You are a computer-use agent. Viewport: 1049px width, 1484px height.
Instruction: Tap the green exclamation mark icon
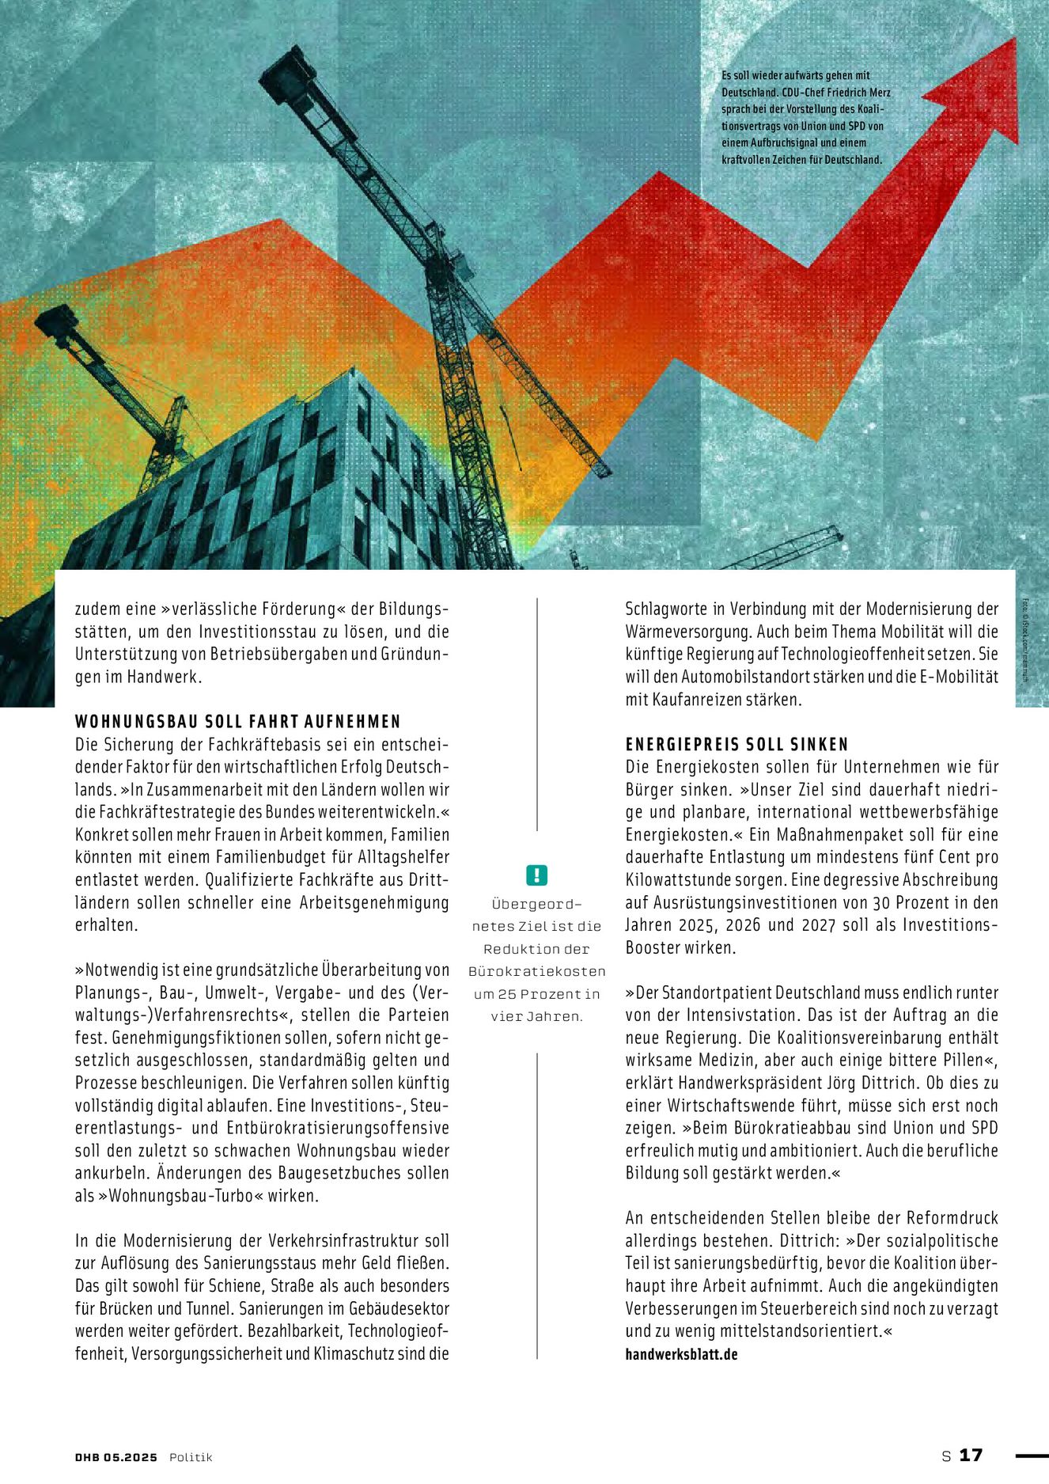(x=536, y=875)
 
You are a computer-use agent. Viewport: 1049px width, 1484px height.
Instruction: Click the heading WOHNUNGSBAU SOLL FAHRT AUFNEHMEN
(x=238, y=722)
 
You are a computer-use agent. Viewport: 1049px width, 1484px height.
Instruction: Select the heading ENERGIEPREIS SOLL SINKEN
(x=737, y=745)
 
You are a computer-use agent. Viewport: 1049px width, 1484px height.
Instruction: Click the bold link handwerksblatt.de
(x=681, y=1354)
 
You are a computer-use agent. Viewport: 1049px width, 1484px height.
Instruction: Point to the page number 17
(x=971, y=1456)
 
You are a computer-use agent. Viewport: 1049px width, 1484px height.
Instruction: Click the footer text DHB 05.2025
(x=116, y=1457)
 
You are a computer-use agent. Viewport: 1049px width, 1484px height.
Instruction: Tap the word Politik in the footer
(x=191, y=1457)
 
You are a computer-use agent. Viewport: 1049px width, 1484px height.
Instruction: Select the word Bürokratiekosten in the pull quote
(x=536, y=971)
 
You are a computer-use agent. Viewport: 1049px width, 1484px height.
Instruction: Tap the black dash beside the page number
(x=1031, y=1456)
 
